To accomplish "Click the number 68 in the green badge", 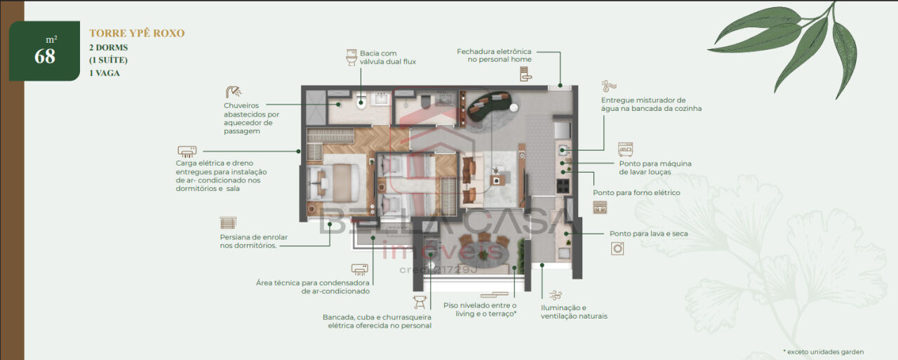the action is pos(45,57).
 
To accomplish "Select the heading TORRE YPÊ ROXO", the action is pos(137,33).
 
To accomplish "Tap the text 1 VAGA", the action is pos(105,73).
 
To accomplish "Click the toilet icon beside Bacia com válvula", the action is pos(351,58).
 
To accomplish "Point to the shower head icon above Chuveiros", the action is pos(234,92).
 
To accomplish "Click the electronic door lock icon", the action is pos(525,74).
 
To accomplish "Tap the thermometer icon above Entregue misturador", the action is pos(608,86).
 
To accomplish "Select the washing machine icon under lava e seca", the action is pos(617,248).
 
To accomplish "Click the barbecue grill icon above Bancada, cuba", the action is pos(420,302).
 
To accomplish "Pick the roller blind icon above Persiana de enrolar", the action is pos(228,223).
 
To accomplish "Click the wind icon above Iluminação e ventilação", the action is pos(555,296).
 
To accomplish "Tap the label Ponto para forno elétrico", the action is pos(636,193).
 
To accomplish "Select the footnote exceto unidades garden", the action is pos(824,352).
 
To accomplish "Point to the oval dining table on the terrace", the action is pos(483,253).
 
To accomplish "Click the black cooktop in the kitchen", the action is pos(563,185).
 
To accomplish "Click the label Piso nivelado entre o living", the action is pos(480,309).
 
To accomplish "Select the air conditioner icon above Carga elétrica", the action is pos(187,152).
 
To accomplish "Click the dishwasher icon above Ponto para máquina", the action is pos(625,149).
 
